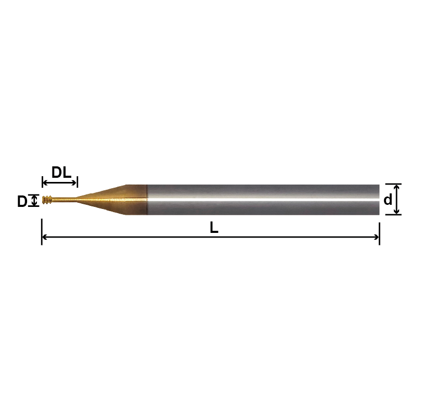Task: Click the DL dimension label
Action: tap(61, 172)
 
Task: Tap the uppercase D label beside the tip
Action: tap(22, 202)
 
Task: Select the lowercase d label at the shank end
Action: tap(388, 200)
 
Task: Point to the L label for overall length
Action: tap(214, 227)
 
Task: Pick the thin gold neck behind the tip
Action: tap(64, 200)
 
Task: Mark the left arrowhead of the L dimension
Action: tap(44, 237)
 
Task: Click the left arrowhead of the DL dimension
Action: tap(44, 182)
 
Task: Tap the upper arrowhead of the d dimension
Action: tap(397, 187)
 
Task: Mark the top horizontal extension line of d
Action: tap(393, 184)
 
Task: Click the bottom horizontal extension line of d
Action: tap(393, 215)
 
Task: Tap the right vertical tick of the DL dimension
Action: tap(78, 181)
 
